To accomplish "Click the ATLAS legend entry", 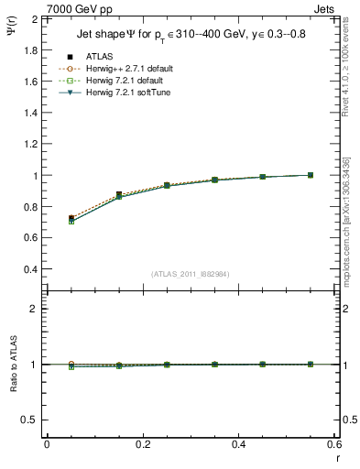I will tap(98, 57).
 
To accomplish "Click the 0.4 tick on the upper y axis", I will tap(30, 270).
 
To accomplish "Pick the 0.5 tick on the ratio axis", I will tap(30, 420).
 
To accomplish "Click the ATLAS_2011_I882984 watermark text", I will tap(191, 274).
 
